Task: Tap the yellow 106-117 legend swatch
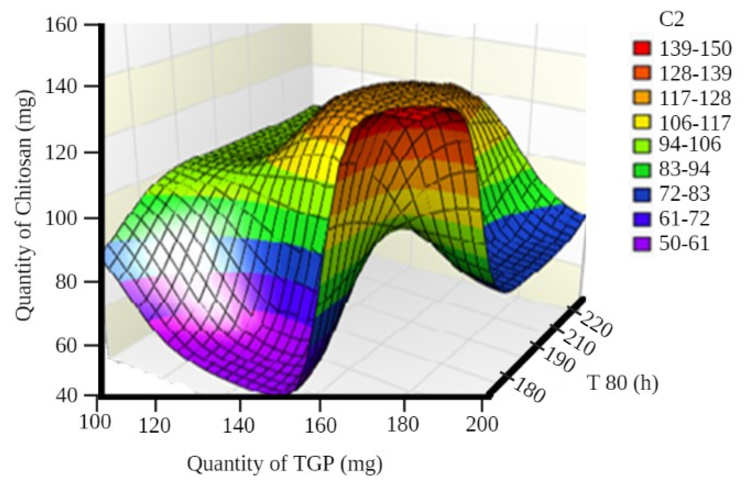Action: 642,122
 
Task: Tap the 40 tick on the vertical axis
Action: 66,395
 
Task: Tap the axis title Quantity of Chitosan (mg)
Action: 25,208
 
